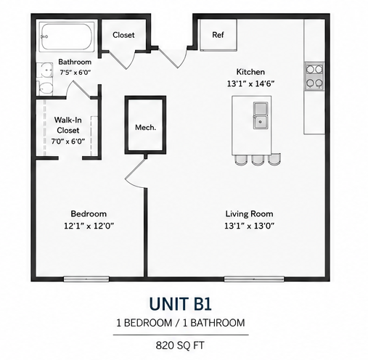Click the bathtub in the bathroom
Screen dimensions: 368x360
(67, 37)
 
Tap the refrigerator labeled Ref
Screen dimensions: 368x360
(218, 35)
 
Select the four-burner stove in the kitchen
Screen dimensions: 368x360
(314, 76)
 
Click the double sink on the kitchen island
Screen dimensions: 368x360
(261, 115)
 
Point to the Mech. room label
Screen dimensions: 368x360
(145, 128)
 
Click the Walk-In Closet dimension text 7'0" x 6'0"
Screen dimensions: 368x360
(68, 141)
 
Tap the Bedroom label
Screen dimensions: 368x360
(89, 213)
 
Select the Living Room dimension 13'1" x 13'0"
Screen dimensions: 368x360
(250, 226)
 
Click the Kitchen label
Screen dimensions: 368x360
(250, 72)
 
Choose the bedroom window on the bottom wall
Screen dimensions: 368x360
(86, 279)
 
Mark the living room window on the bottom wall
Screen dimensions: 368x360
(254, 279)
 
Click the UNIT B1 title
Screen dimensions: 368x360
(181, 303)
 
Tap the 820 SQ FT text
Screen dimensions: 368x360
(180, 345)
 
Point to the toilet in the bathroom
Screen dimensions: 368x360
(46, 89)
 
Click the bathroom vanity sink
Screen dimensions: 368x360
(45, 70)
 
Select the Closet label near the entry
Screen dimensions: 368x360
(123, 35)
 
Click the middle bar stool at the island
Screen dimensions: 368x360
(258, 160)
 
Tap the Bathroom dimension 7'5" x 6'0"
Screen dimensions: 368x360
(75, 73)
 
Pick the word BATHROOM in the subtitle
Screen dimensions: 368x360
(217, 323)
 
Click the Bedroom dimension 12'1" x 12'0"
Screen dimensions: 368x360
(89, 226)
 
